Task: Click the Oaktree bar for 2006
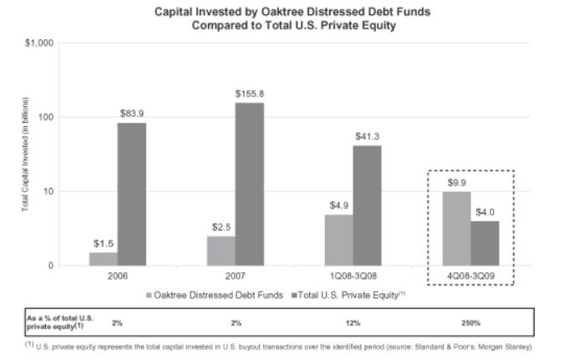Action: coord(103,258)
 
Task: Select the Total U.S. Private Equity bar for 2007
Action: coord(249,184)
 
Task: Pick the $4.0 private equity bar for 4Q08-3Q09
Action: coord(485,243)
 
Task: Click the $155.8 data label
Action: coord(249,94)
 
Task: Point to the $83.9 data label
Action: coord(131,114)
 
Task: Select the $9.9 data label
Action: coord(456,182)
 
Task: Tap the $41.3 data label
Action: coord(368,136)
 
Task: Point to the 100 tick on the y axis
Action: coord(45,117)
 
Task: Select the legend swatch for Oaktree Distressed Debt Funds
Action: coord(150,294)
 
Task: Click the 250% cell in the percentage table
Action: coord(470,322)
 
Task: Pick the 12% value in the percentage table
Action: coord(353,322)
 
